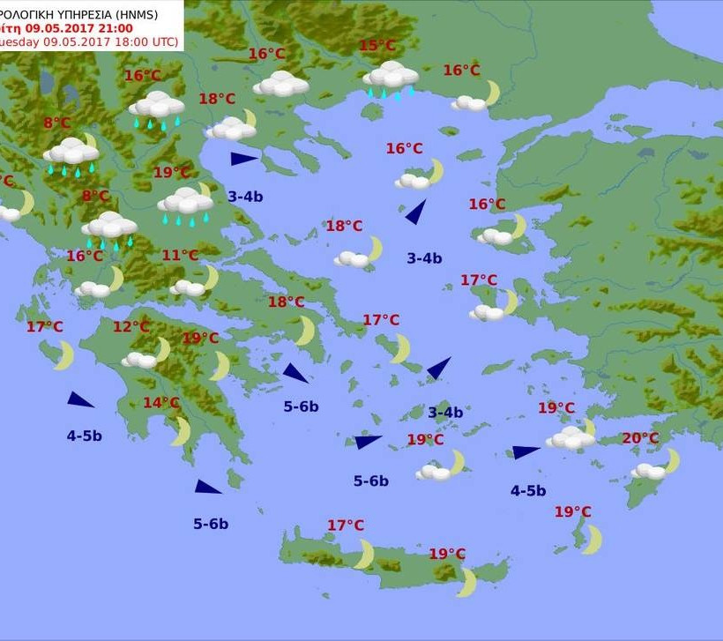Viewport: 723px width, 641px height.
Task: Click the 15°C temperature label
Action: pos(377,46)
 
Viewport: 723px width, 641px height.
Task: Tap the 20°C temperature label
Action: pos(640,438)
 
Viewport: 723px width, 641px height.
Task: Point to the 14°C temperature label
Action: pos(161,403)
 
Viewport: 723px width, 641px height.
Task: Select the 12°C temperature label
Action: pos(131,327)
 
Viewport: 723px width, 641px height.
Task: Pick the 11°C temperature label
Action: pos(180,256)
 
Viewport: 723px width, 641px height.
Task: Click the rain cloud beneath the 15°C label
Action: pos(391,78)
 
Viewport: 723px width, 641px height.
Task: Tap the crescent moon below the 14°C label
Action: pos(181,430)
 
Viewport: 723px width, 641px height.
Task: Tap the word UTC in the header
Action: pos(162,41)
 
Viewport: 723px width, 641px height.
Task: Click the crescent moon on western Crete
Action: pos(363,555)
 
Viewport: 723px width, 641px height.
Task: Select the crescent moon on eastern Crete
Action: pos(466,582)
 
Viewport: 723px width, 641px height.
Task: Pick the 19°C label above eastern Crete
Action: pos(447,554)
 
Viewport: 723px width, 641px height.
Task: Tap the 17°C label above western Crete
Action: pos(346,525)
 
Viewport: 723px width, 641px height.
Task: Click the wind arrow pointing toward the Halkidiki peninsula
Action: pos(243,159)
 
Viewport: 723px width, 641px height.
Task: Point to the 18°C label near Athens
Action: pos(286,302)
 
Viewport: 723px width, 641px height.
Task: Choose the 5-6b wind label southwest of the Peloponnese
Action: pos(211,524)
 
